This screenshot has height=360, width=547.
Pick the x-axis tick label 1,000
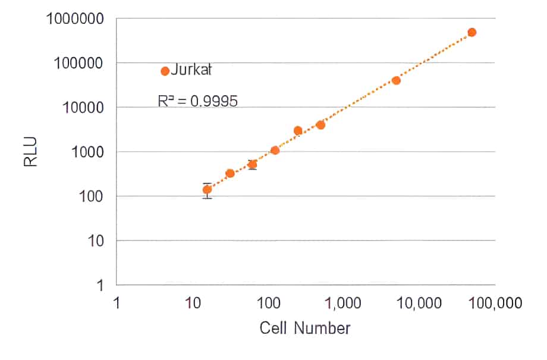coord(342,303)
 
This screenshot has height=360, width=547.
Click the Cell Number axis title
coord(305,328)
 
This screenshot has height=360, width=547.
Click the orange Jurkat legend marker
coord(165,71)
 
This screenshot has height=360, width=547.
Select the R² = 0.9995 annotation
coord(197,101)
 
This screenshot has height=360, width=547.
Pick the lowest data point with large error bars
coord(207,190)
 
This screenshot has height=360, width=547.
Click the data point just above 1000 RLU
coord(275,151)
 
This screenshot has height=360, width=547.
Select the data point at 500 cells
coord(320,125)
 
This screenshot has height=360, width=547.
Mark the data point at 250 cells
coord(298,130)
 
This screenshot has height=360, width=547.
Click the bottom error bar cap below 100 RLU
coord(207,198)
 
